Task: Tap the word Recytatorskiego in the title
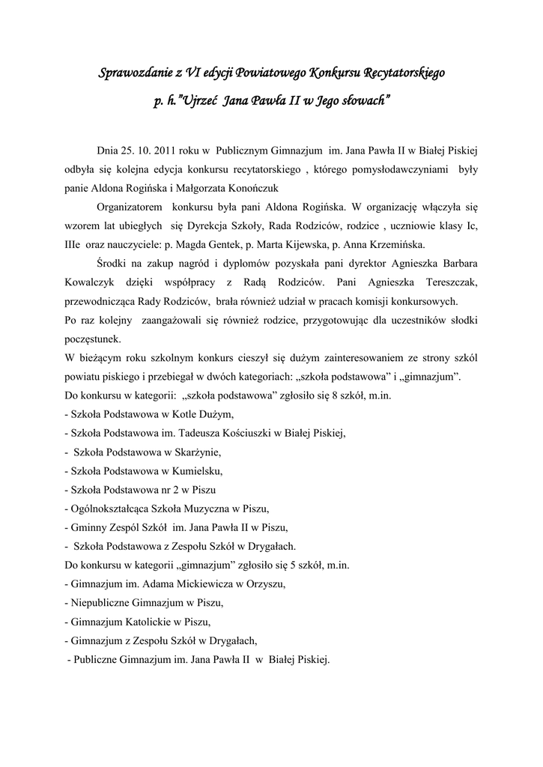(x=404, y=73)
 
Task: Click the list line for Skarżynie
(x=144, y=452)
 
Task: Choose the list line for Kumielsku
(x=144, y=471)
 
